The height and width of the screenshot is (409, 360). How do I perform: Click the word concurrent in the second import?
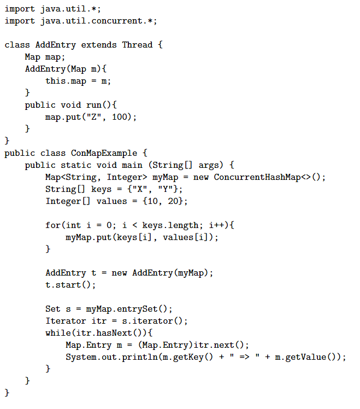pos(117,21)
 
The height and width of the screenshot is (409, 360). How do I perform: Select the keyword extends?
pos(99,45)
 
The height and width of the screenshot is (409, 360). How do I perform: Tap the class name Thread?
pos(137,45)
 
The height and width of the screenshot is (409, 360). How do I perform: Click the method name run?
pos(94,105)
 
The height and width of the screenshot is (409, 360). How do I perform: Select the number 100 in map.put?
pos(120,116)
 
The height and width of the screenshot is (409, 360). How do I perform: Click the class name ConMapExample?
pos(104,153)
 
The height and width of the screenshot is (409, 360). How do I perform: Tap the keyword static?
pos(76,165)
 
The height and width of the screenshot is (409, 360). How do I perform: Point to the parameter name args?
pos(209,165)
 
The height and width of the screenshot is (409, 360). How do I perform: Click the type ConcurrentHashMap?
pos(257,177)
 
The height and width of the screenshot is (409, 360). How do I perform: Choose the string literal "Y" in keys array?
pos(166,189)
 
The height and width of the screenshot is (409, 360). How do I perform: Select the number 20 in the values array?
pos(173,201)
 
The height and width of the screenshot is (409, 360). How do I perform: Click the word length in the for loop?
pos(186,225)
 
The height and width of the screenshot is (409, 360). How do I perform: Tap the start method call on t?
pos(68,285)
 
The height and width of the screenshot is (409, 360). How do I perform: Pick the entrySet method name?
pos(137,309)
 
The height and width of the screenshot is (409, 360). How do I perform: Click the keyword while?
pos(58,333)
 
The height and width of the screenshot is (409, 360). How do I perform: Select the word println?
pos(140,358)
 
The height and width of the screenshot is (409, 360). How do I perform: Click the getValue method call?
pos(306,358)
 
